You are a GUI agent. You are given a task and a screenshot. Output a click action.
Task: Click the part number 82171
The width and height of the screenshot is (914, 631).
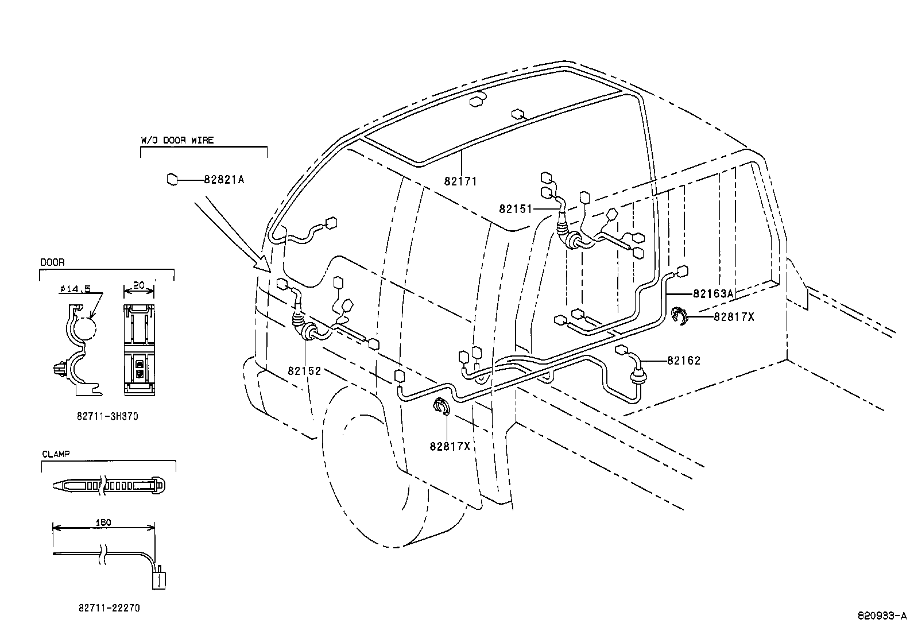(x=460, y=181)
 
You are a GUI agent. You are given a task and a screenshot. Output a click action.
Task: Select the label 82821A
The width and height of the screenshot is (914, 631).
(x=224, y=180)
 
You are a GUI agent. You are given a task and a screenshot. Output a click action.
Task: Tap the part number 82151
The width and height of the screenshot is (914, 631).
(x=516, y=209)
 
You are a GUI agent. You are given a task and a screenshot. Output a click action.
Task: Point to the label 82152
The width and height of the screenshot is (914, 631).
(x=304, y=371)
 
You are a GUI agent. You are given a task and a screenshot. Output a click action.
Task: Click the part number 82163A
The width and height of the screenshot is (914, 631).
(x=713, y=293)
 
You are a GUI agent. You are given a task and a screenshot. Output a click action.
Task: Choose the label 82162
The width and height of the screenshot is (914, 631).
(x=684, y=361)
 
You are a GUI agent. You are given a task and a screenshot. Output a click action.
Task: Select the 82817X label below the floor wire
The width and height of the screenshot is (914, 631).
(x=450, y=446)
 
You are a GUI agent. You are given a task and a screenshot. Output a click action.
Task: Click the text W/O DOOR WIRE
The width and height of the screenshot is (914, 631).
(x=177, y=140)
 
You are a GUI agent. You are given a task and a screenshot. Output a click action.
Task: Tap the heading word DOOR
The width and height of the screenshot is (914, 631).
(x=52, y=262)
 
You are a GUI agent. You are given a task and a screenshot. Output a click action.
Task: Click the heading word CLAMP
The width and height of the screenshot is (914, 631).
(x=56, y=454)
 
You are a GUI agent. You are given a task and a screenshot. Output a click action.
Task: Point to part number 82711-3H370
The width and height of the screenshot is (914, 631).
(x=107, y=417)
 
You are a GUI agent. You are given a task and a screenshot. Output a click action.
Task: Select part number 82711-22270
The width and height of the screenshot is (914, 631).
(x=109, y=607)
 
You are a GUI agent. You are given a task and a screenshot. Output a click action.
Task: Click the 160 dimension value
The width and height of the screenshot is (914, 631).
(x=104, y=522)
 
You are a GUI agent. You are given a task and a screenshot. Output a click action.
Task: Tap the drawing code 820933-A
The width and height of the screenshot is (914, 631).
(x=882, y=615)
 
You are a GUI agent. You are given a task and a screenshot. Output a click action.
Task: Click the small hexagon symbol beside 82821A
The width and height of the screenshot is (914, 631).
(x=171, y=180)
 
